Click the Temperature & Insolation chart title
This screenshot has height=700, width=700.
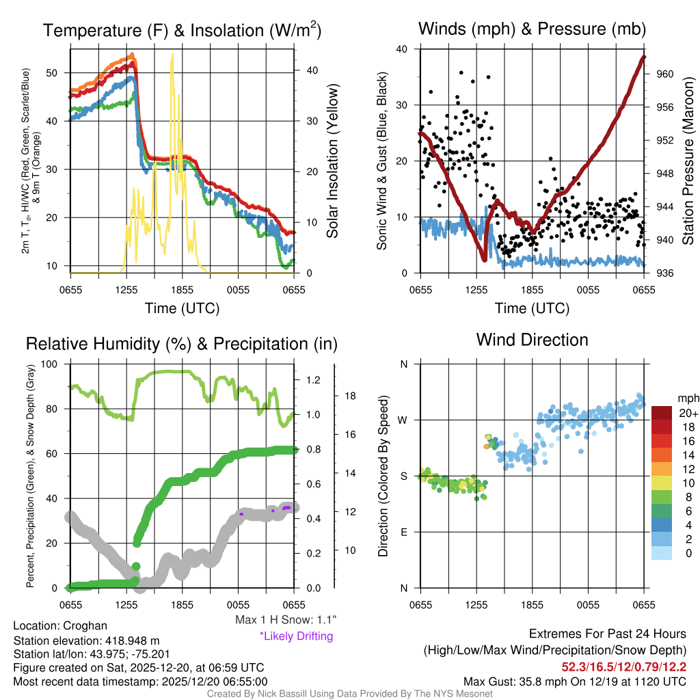(x=182, y=30)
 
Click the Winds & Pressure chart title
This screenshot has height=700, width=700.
(x=532, y=29)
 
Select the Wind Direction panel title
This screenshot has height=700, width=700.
(x=532, y=340)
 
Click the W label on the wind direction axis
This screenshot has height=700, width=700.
(x=404, y=420)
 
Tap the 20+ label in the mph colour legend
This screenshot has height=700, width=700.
(x=688, y=413)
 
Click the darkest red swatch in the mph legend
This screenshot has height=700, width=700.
(x=662, y=413)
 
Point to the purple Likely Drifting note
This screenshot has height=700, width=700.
(x=296, y=636)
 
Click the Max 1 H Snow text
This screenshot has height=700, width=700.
(x=285, y=620)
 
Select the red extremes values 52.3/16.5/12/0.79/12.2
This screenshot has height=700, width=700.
(x=624, y=666)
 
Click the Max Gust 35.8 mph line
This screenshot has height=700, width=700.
(x=575, y=681)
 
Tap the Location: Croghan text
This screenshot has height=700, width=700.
(x=60, y=626)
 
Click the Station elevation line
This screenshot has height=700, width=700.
(x=86, y=641)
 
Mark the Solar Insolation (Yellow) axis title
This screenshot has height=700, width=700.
(x=332, y=161)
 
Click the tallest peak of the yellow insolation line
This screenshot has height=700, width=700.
(x=172, y=55)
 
